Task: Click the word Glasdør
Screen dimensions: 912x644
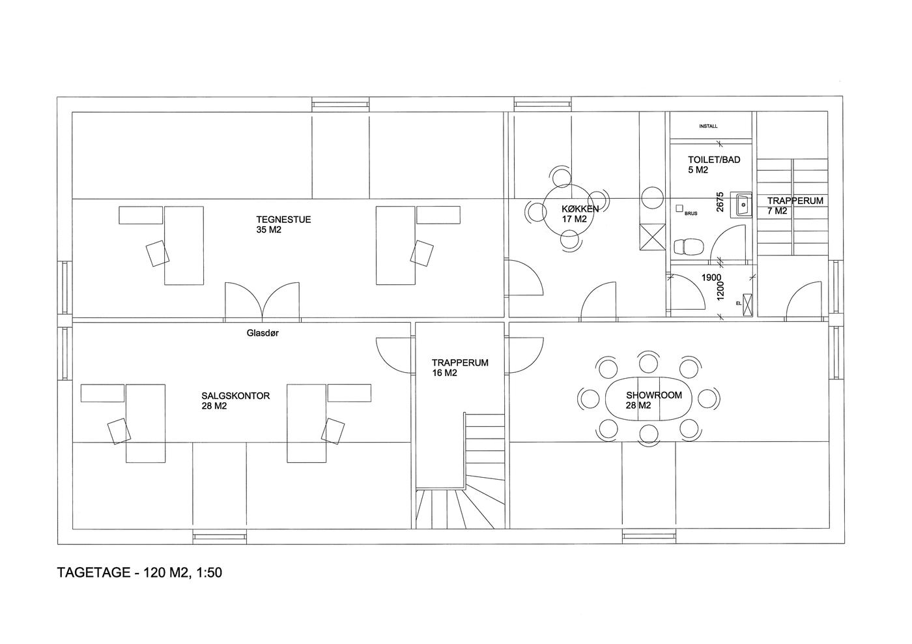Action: coord(263,333)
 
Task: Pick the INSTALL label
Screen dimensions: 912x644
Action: coord(708,126)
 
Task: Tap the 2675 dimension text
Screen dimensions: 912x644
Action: coord(720,201)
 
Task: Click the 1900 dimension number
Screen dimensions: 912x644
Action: coord(711,278)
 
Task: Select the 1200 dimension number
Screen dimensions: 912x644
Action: coord(720,291)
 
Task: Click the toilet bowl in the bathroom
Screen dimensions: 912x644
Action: coord(689,246)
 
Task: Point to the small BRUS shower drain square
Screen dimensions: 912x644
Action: coord(679,208)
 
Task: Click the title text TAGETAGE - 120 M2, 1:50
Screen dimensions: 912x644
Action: coord(139,572)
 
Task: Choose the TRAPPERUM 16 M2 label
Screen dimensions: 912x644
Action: coord(460,368)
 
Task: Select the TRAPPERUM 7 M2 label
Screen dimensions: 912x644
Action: coord(795,206)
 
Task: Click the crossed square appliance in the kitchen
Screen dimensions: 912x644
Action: coord(652,237)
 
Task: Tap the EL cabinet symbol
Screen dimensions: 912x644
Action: coord(748,304)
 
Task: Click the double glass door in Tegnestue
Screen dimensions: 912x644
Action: coord(262,300)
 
